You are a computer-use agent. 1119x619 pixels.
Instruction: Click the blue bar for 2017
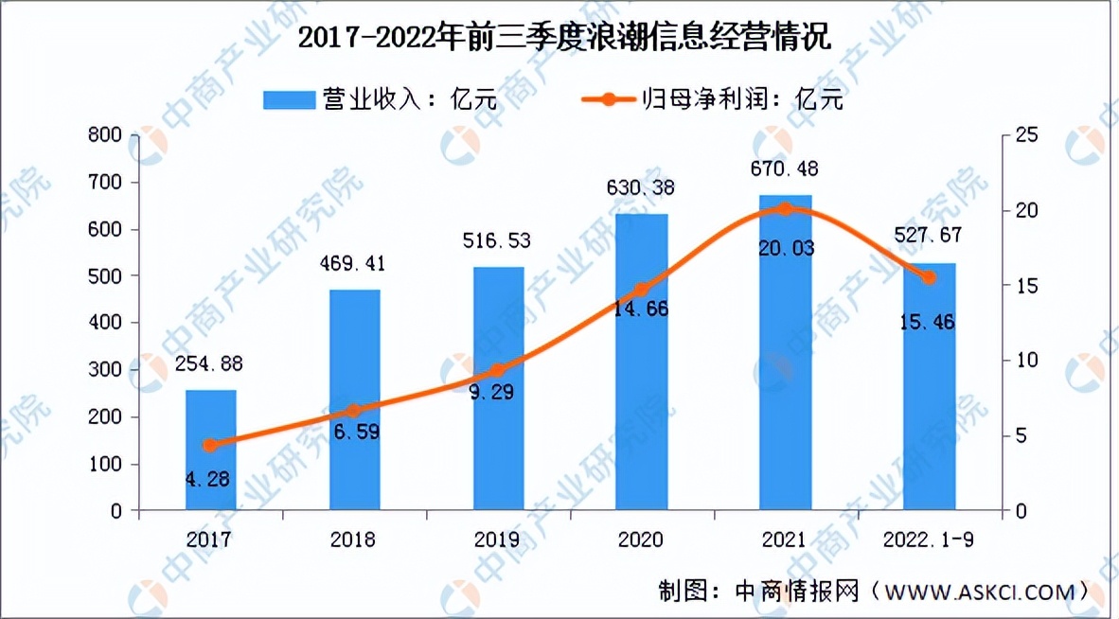[210, 450]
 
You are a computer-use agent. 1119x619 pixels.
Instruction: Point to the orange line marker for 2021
[785, 209]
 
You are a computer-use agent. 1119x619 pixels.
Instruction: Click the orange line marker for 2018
[354, 411]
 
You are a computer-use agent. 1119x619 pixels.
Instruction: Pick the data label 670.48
[785, 169]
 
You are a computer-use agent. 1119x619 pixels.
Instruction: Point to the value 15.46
[928, 323]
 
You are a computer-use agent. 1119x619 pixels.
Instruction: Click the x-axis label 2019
[497, 540]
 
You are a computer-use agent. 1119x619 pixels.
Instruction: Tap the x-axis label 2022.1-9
[928, 540]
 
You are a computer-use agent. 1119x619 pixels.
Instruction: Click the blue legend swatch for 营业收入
[289, 98]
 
